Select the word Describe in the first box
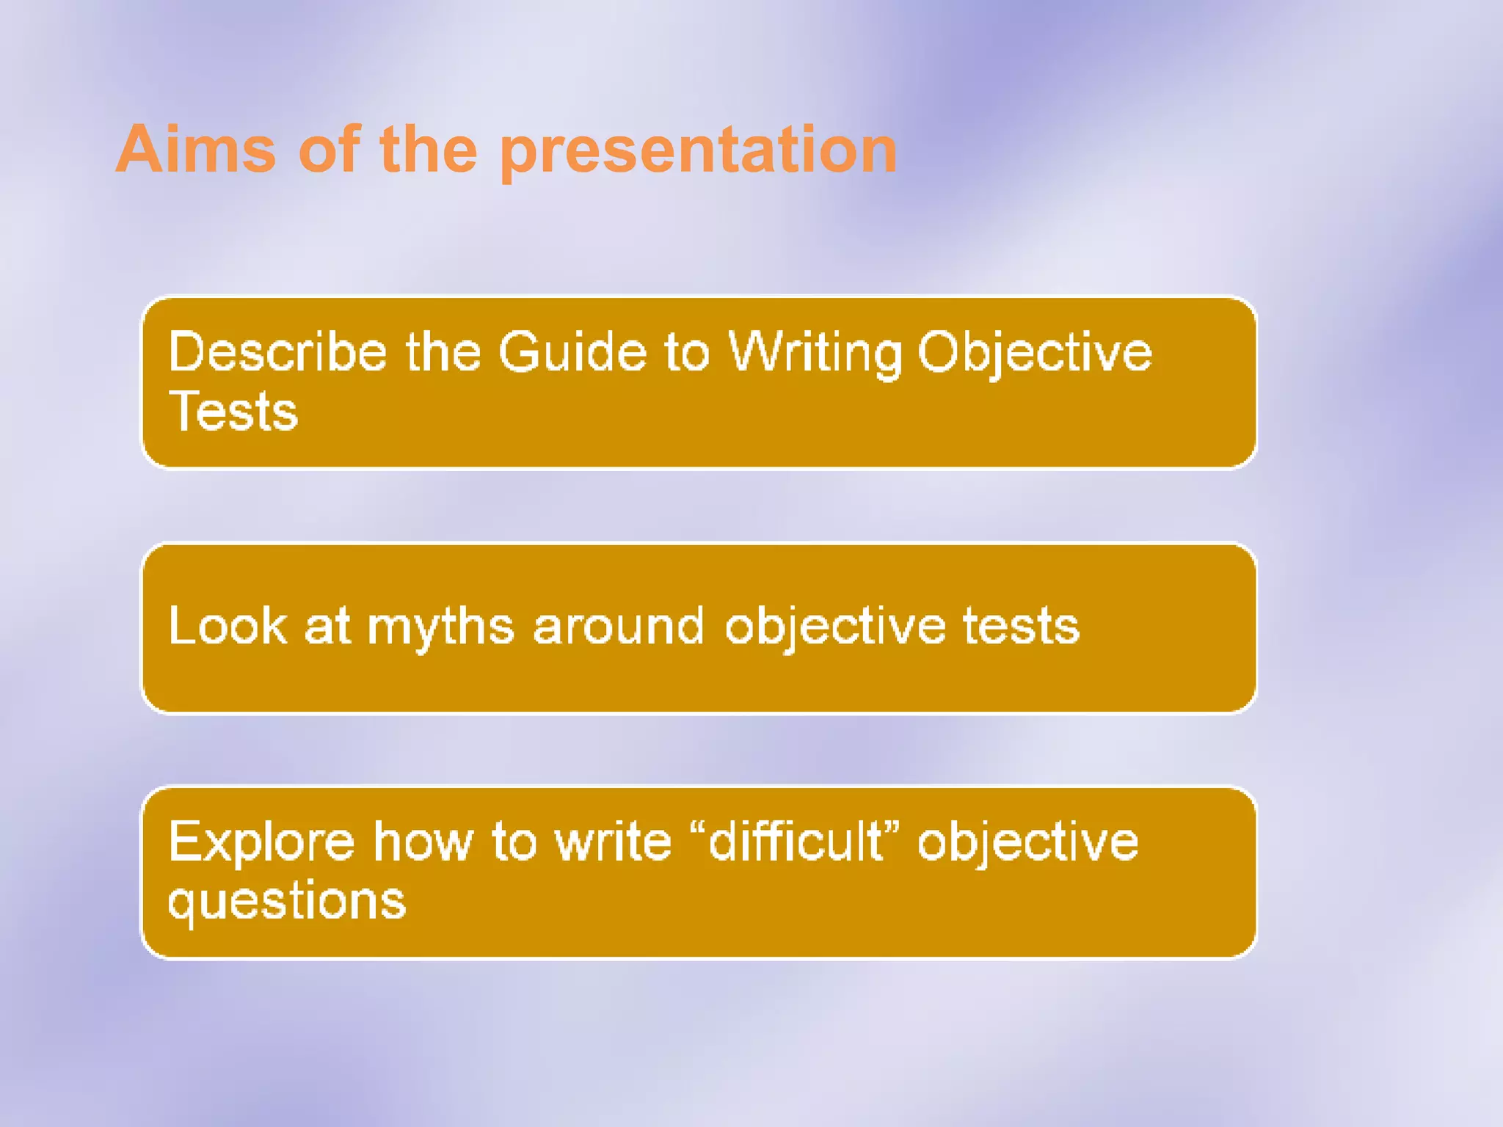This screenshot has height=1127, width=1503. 277,352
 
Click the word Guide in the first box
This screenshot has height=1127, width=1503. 572,352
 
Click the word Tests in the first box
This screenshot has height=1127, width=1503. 233,412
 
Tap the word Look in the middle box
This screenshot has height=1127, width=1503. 228,627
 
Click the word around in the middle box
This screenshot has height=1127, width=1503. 618,627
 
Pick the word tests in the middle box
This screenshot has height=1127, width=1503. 1021,627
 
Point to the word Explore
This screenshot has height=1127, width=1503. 261,842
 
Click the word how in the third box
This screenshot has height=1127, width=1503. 423,841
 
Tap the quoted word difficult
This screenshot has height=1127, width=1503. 796,841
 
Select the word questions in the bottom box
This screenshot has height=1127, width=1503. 286,901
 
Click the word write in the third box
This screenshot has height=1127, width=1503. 613,841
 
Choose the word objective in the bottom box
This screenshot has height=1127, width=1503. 1027,842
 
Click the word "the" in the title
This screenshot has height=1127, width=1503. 429,150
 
